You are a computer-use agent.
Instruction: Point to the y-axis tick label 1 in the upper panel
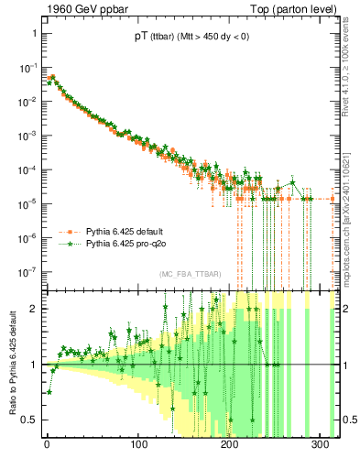click(34, 33)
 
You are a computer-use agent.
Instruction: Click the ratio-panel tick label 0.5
click(28, 420)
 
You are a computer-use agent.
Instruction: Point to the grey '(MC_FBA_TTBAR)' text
click(189, 275)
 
